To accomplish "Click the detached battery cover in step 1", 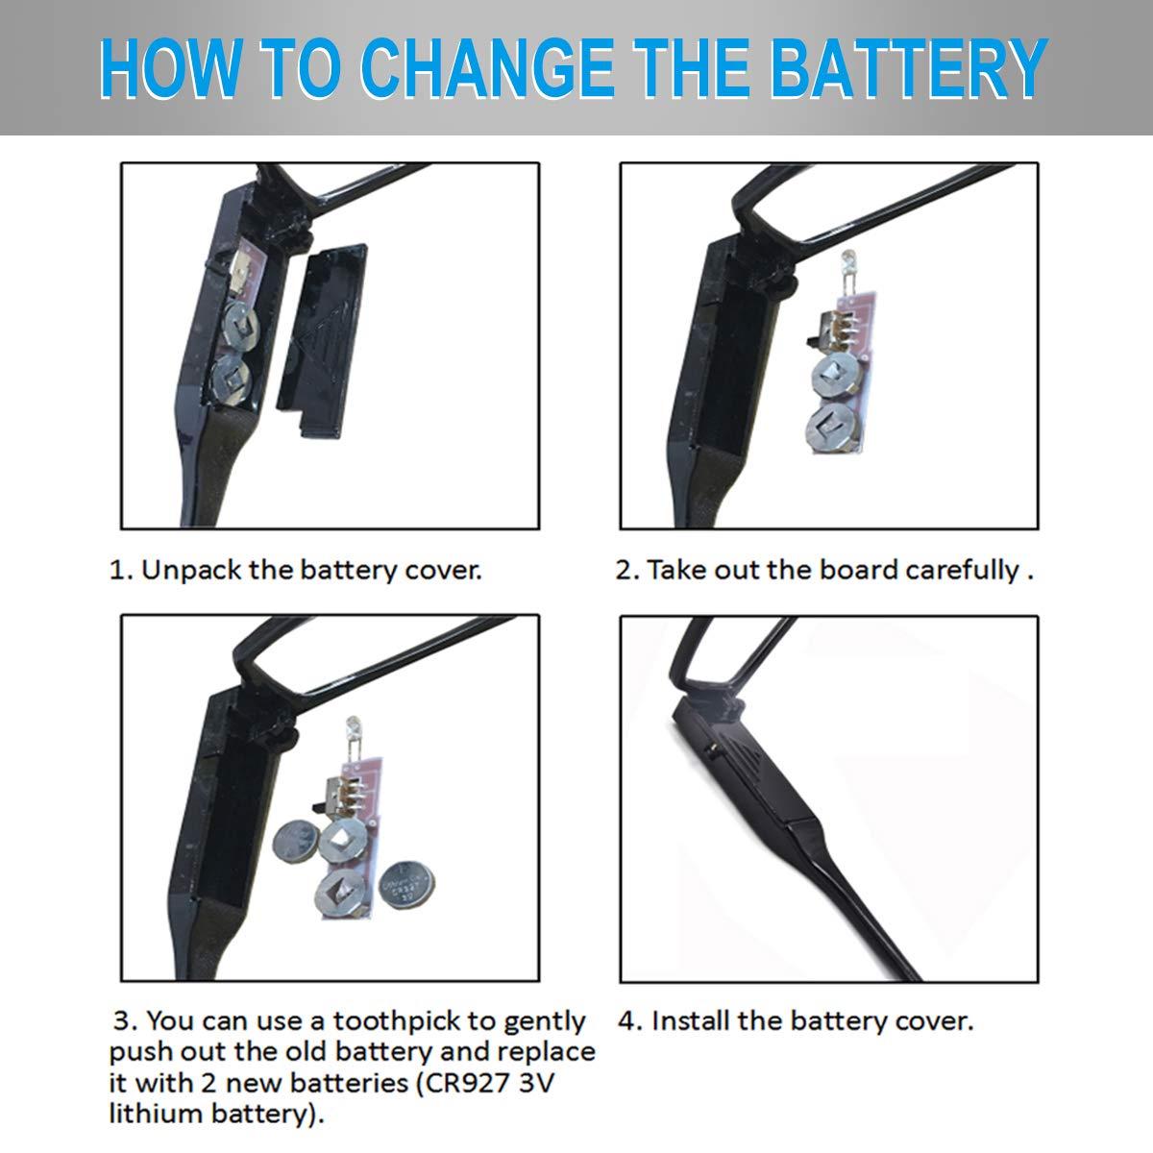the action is (322, 340).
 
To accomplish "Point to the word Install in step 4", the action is (691, 1020).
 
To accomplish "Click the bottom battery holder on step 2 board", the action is (833, 428).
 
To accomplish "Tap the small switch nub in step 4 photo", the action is (710, 748).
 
